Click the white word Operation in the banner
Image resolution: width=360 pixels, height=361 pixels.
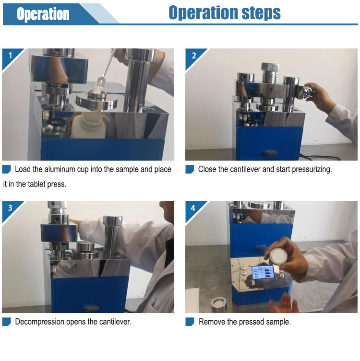click(43, 14)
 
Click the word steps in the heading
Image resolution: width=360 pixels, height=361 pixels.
click(261, 12)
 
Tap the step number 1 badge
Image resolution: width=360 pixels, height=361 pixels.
click(10, 55)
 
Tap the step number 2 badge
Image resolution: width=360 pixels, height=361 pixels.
click(194, 55)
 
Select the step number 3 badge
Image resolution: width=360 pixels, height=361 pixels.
click(10, 208)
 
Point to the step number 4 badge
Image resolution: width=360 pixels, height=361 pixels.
click(193, 208)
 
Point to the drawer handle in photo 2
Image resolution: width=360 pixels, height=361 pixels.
click(271, 153)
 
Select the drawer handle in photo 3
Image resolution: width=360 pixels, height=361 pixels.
click(90, 308)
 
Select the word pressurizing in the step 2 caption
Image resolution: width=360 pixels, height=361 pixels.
click(312, 169)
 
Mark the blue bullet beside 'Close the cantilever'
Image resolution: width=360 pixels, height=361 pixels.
click(190, 169)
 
